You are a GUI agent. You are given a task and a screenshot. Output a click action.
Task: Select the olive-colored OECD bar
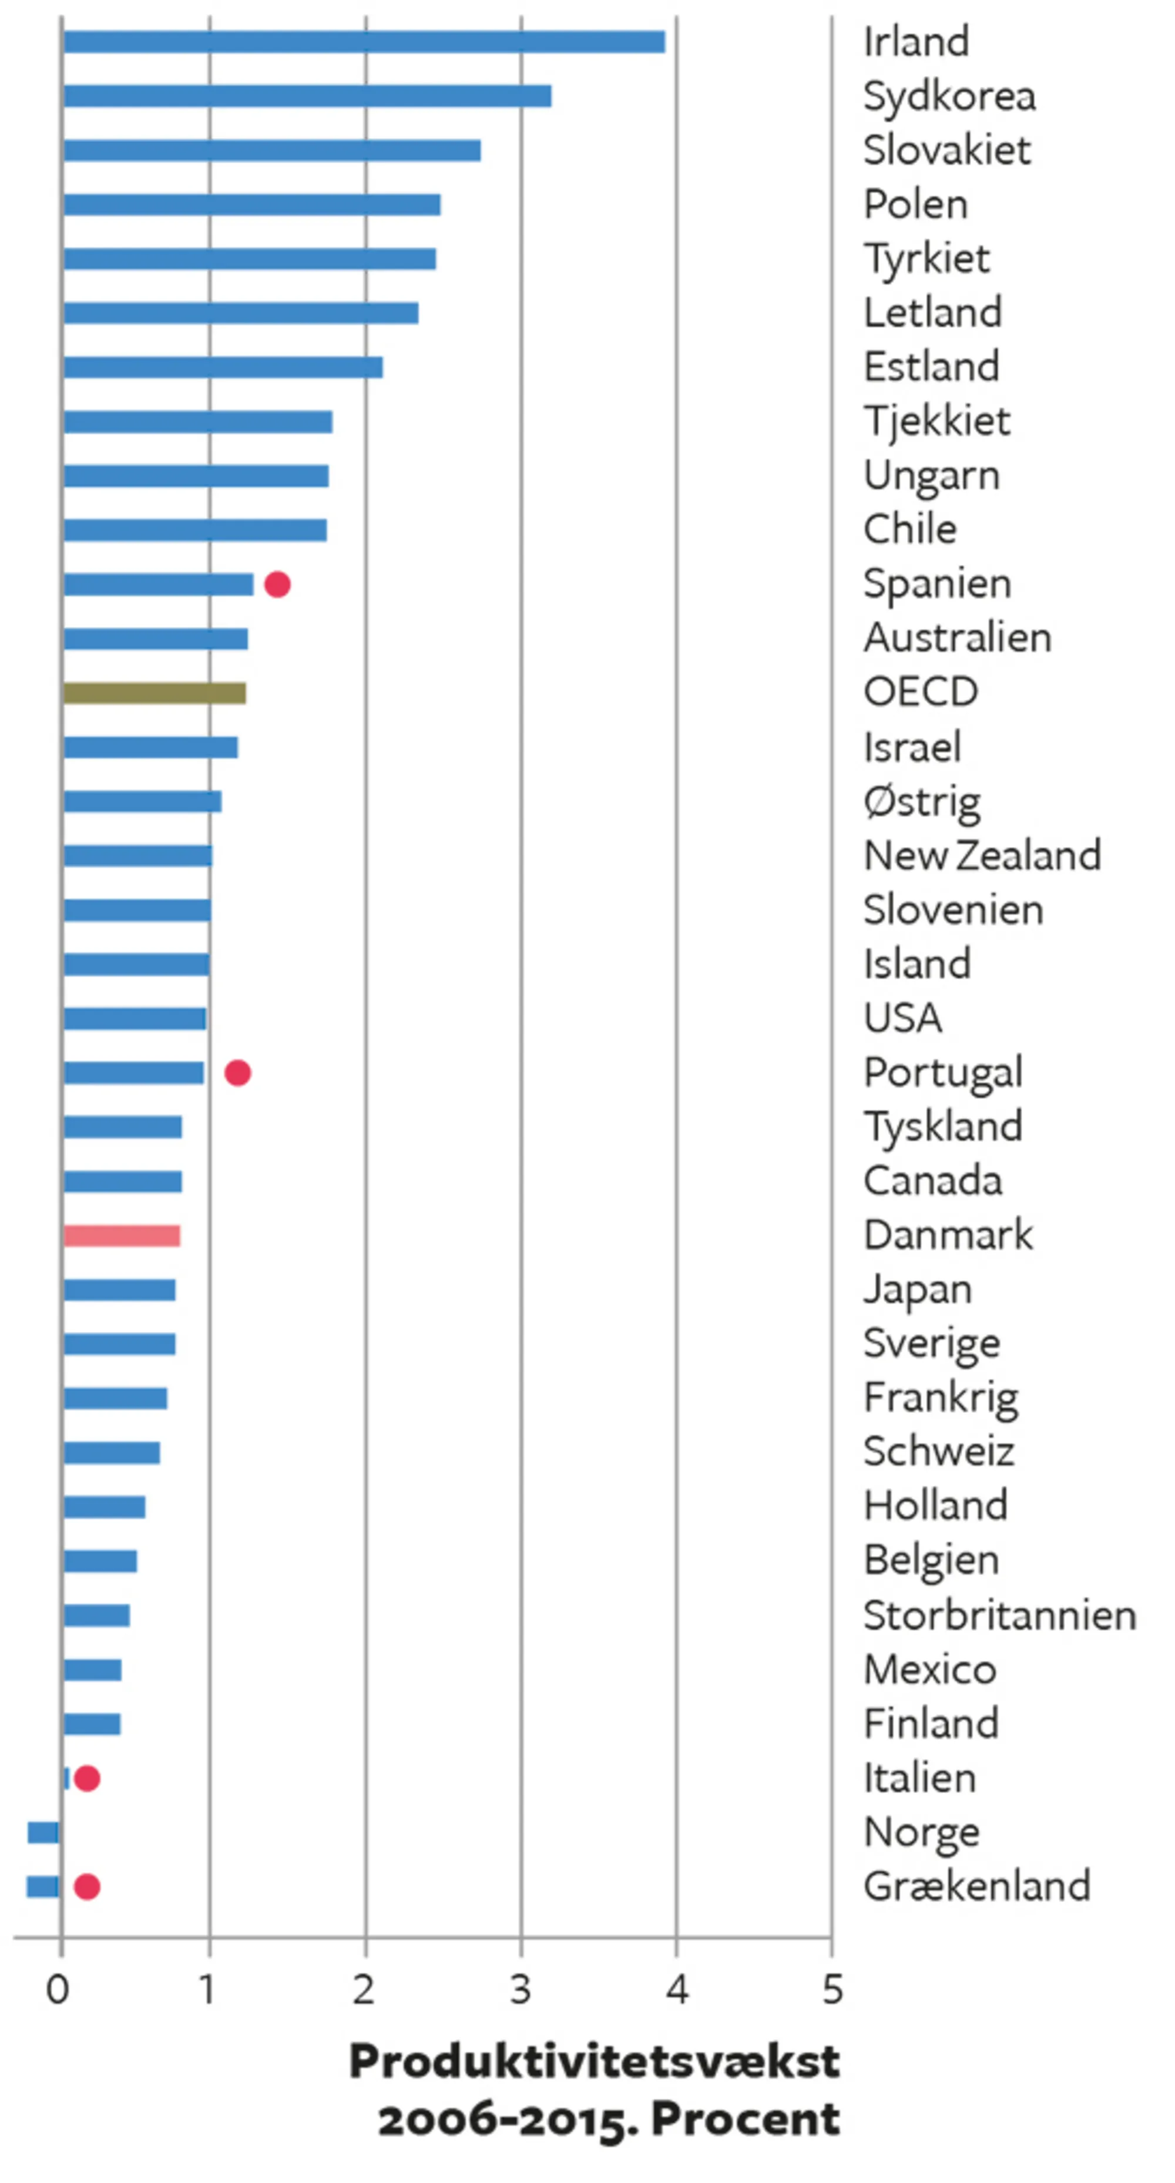(x=155, y=693)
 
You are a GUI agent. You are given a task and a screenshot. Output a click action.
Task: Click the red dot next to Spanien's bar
(x=277, y=585)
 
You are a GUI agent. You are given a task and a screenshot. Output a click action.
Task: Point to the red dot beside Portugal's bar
(x=237, y=1073)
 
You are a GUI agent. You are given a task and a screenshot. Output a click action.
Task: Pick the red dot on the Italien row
(x=88, y=1778)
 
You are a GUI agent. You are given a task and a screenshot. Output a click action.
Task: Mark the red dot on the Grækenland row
(x=88, y=1886)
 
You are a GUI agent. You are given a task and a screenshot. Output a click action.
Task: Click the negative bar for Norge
(x=43, y=1832)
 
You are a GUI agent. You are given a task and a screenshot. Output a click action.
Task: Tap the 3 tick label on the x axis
(x=521, y=1990)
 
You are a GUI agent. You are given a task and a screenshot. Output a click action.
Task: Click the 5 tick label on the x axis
(x=832, y=1990)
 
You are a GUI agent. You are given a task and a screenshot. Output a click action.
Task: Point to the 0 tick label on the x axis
(x=58, y=1990)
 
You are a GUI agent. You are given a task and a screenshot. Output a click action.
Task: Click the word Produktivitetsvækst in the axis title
(x=595, y=2061)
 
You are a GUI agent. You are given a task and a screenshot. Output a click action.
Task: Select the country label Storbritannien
(x=999, y=1615)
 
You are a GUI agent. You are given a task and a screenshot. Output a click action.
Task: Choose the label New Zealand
(x=982, y=856)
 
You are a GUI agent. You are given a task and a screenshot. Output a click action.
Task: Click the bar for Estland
(x=223, y=367)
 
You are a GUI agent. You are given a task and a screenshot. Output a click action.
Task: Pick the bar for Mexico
(x=92, y=1670)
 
